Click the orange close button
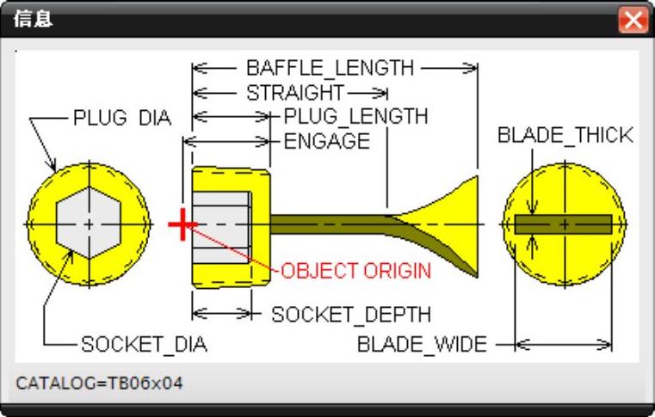[x=633, y=20]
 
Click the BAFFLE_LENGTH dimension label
[x=330, y=67]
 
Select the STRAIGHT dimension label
[x=295, y=93]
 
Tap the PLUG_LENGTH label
[x=355, y=116]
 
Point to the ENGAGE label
[x=327, y=140]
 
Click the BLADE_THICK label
[x=565, y=135]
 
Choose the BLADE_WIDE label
[x=422, y=346]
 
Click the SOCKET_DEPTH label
[x=351, y=315]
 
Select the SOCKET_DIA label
[x=144, y=346]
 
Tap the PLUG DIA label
[x=122, y=118]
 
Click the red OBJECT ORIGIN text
[x=356, y=271]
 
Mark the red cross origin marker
[x=181, y=225]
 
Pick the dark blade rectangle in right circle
[x=564, y=224]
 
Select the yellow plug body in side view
[x=260, y=193]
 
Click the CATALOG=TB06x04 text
[x=100, y=383]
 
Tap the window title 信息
[x=33, y=19]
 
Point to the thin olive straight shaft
[x=327, y=223]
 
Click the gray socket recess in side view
[x=222, y=224]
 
